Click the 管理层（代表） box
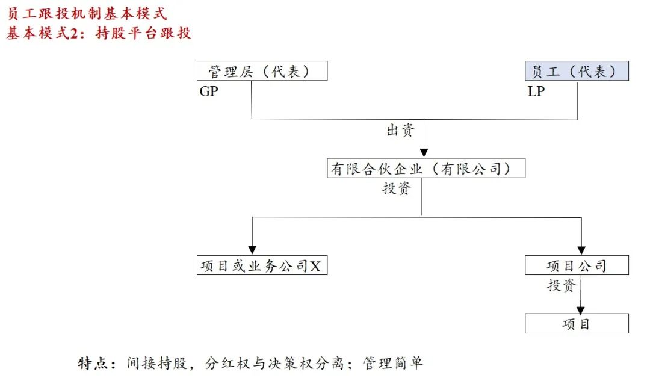[262, 71]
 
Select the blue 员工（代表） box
[577, 71]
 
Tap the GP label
[208, 93]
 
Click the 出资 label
[401, 131]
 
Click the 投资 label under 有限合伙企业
[397, 188]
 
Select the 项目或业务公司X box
[262, 265]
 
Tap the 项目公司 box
[577, 265]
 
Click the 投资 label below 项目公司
[561, 285]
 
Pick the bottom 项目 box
[577, 324]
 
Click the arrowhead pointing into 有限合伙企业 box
[424, 153]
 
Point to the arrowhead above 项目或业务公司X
[253, 250]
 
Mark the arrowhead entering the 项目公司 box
[581, 250]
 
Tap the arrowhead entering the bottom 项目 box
[581, 309]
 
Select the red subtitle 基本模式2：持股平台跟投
[99, 33]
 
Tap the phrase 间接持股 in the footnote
[156, 363]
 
